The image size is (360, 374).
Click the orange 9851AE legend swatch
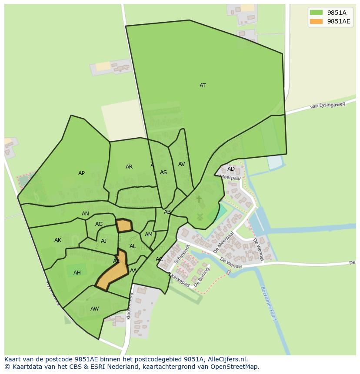(x=316, y=22)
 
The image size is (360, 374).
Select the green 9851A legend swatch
(x=316, y=13)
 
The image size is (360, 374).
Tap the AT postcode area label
(x=203, y=86)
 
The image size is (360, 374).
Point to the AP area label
(x=81, y=173)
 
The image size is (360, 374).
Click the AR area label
(x=129, y=167)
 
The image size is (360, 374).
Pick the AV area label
(x=182, y=164)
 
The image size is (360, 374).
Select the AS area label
(x=163, y=172)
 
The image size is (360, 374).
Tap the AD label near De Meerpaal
(x=231, y=169)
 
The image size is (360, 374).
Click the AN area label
(x=85, y=214)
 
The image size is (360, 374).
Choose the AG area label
(x=99, y=224)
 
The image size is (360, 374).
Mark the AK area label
(x=58, y=240)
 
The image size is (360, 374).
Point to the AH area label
(x=77, y=273)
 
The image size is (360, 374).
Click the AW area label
(x=94, y=309)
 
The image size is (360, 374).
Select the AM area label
(x=149, y=235)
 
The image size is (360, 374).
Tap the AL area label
(x=133, y=246)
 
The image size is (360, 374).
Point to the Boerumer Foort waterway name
(x=268, y=303)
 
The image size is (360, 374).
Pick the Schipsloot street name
(x=182, y=254)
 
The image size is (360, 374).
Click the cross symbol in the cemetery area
(x=199, y=199)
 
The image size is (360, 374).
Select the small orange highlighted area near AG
(x=124, y=225)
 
